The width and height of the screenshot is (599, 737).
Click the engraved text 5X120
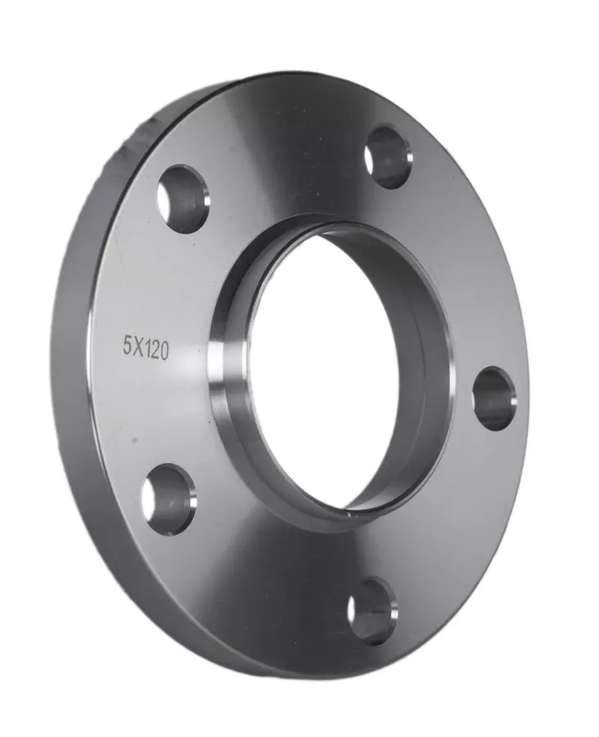click(x=146, y=347)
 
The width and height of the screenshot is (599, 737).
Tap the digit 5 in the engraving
click(x=127, y=345)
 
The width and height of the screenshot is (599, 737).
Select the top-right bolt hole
click(x=387, y=156)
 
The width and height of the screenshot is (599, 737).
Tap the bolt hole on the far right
click(x=494, y=398)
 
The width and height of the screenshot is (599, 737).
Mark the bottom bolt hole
click(x=372, y=610)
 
